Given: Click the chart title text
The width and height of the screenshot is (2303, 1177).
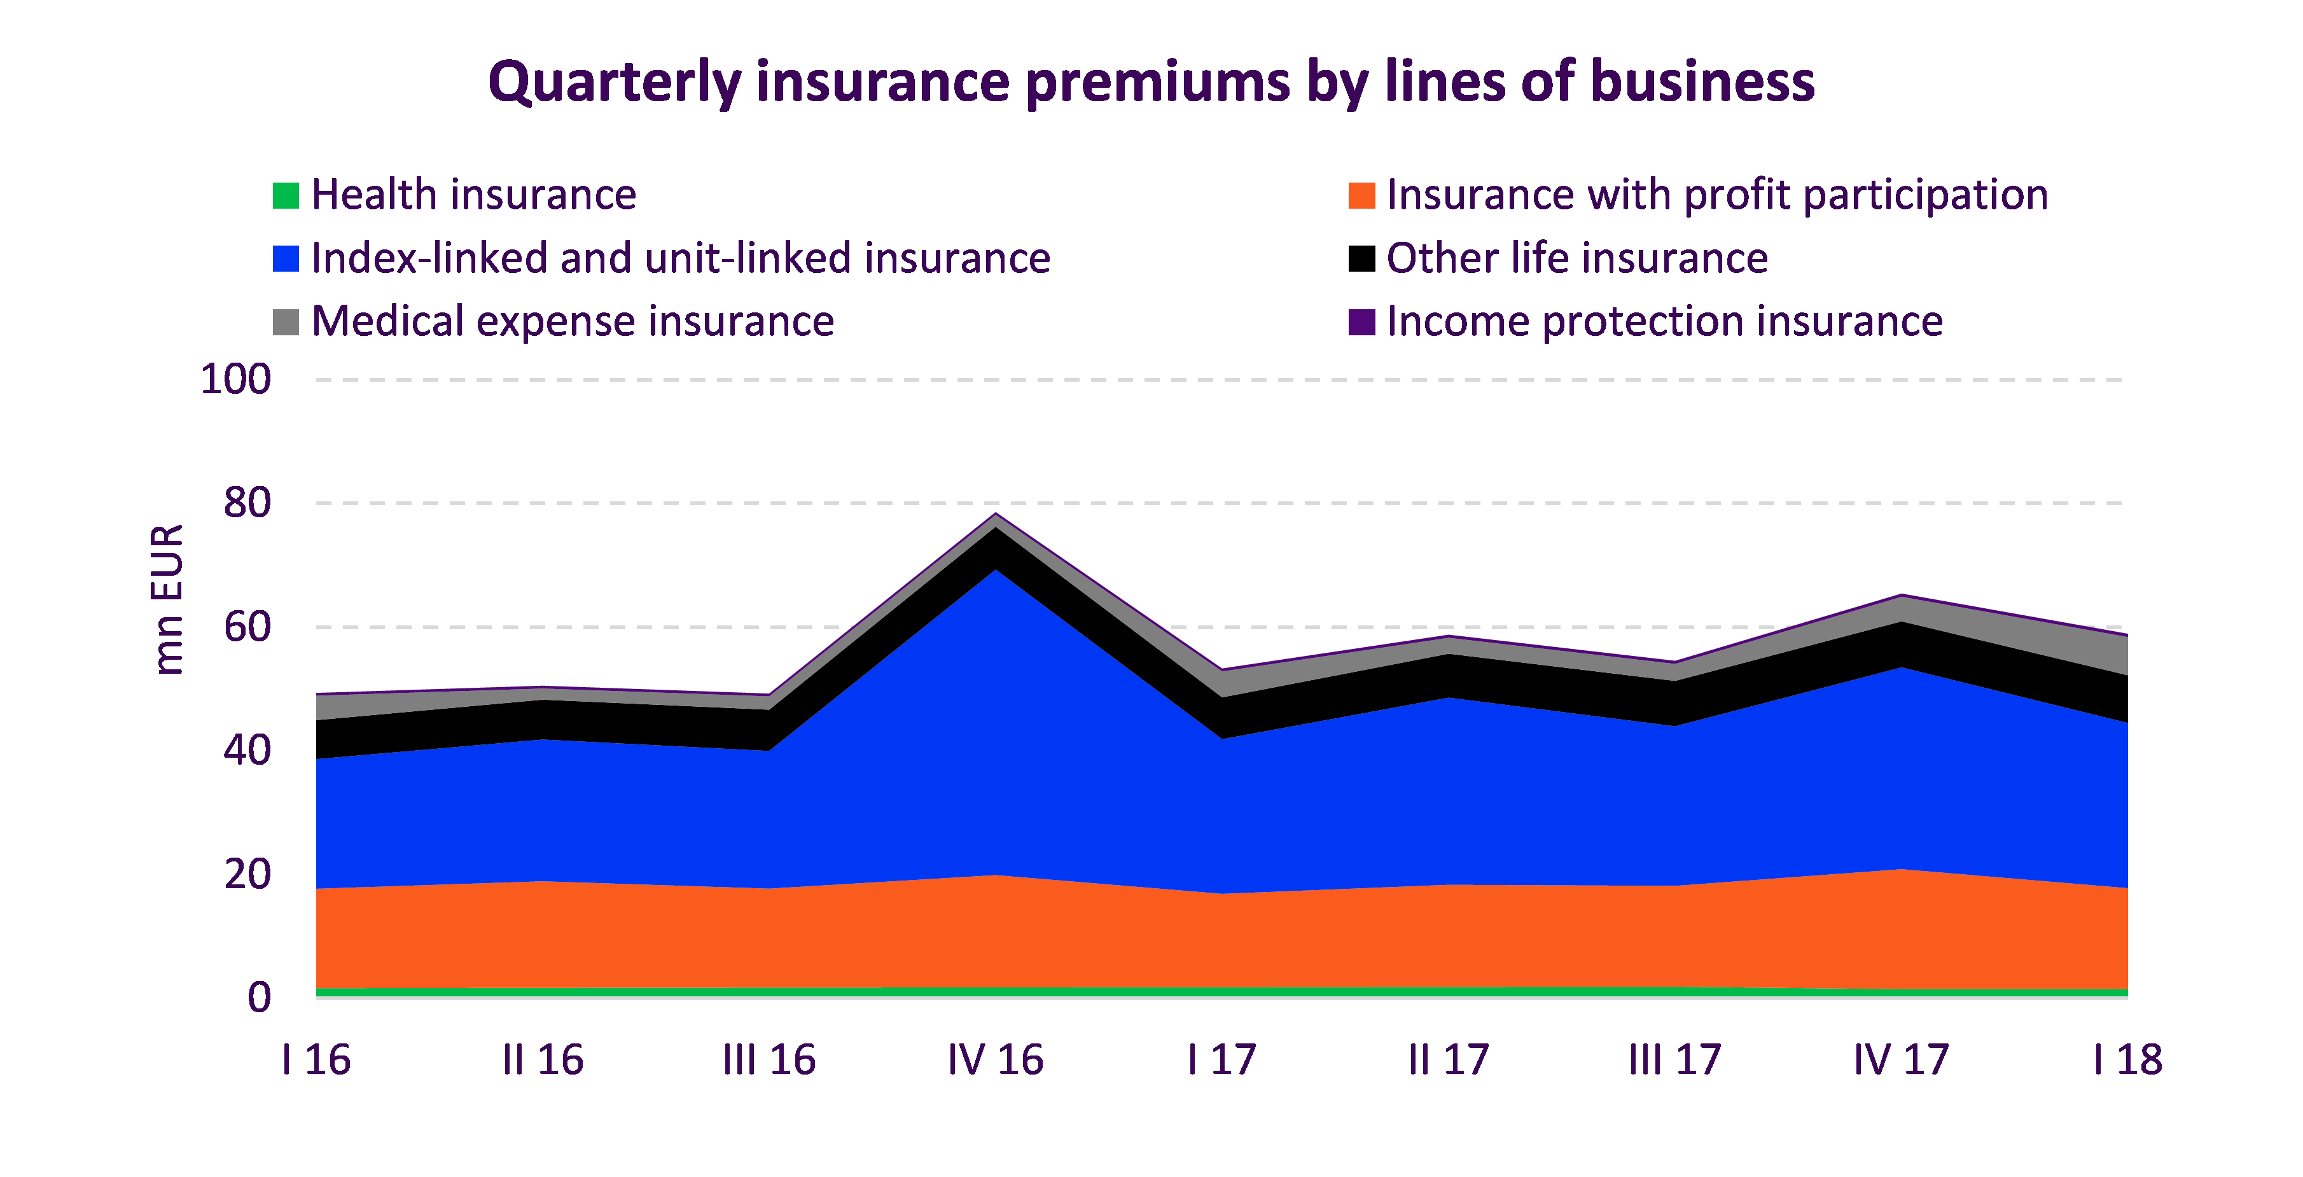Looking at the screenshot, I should (1151, 82).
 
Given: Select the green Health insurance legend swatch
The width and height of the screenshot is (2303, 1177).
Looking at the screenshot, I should (285, 195).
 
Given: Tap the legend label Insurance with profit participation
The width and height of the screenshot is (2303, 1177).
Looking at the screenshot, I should (1716, 195).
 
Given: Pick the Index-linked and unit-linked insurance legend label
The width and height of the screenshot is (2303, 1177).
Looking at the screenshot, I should (680, 258).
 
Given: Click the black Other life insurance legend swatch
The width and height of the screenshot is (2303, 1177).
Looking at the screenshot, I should (1361, 258).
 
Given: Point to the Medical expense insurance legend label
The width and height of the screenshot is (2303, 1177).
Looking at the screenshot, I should (572, 322).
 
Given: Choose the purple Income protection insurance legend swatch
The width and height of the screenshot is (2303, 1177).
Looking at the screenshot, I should (1361, 322).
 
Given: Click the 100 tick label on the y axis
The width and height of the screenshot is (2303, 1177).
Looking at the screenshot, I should (235, 379).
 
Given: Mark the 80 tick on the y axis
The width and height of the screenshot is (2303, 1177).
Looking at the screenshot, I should (247, 503).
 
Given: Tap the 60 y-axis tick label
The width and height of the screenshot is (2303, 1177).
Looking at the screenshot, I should (247, 627).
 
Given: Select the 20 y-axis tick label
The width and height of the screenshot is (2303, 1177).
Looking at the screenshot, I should (247, 874).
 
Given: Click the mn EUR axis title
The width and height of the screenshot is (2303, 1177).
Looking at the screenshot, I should (167, 599).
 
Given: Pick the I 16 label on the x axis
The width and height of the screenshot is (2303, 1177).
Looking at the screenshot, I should (316, 1060).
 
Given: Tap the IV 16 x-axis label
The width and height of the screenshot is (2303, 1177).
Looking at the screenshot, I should (995, 1060).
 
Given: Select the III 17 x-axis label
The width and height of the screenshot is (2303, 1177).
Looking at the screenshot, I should (1674, 1060).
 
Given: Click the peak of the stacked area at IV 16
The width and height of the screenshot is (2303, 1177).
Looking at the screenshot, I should (996, 514).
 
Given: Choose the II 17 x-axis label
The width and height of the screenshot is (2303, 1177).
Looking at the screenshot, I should (1449, 1060).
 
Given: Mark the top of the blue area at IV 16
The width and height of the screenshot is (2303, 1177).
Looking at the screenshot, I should (996, 569).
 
